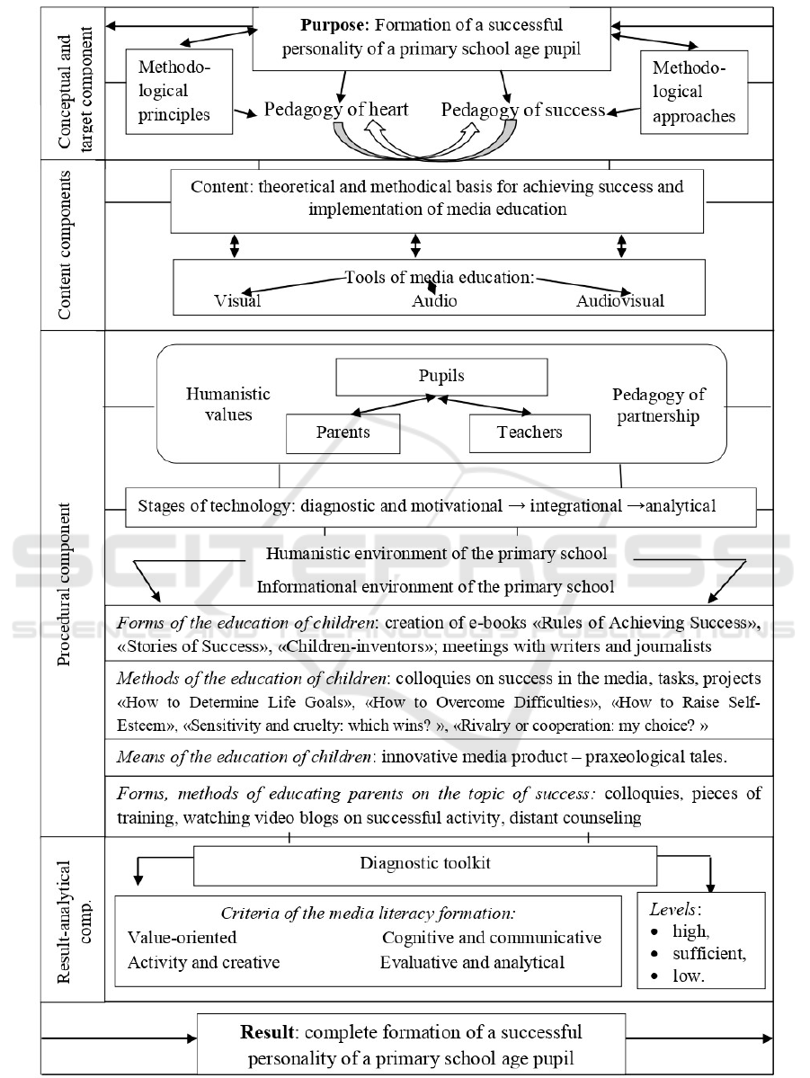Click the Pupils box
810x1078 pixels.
(x=441, y=377)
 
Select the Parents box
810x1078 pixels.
(x=343, y=433)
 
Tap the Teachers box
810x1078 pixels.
(x=530, y=433)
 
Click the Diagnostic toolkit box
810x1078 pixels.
(x=425, y=865)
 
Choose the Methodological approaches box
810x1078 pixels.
(x=694, y=92)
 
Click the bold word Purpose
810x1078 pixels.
(x=334, y=25)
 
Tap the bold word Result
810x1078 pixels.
(x=268, y=1033)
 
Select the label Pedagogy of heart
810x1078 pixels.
(x=336, y=110)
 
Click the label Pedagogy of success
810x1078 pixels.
(x=523, y=110)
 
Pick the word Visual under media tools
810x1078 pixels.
(x=237, y=301)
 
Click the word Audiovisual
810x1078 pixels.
(x=620, y=301)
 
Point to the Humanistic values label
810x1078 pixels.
(x=228, y=405)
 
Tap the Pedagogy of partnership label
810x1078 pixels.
(x=659, y=405)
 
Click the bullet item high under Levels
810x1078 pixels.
(x=690, y=931)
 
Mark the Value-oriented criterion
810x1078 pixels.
(x=182, y=938)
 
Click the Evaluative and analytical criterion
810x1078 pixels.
(x=472, y=963)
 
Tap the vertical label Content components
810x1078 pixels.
(x=64, y=245)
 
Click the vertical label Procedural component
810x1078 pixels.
(x=64, y=585)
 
